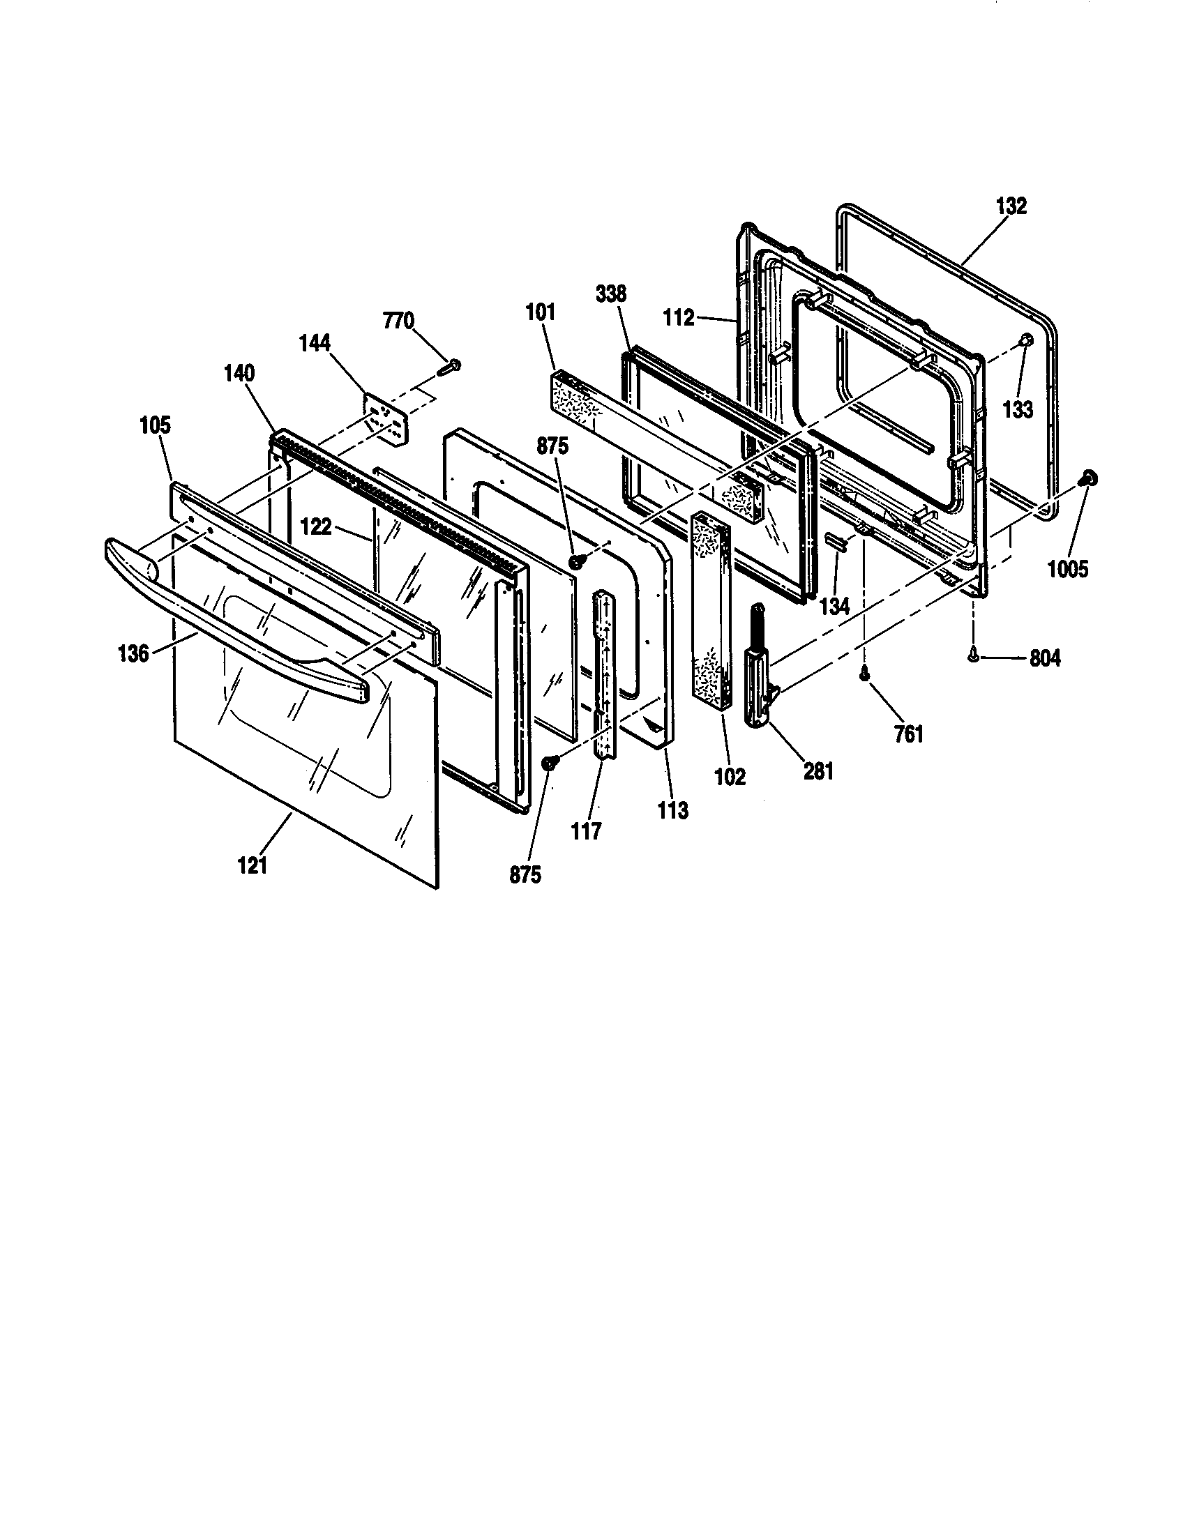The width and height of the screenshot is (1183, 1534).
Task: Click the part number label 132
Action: tap(1011, 206)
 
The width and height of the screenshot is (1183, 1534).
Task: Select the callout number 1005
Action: tap(1068, 569)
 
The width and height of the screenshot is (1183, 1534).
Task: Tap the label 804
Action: tap(1045, 658)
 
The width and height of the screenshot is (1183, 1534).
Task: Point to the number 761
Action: tap(908, 735)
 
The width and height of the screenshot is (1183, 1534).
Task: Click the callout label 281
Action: tap(818, 771)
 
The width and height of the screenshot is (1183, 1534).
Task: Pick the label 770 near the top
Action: tap(398, 321)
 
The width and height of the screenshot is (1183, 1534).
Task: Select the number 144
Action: tap(334, 343)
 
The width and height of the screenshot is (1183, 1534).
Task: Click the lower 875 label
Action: tap(525, 875)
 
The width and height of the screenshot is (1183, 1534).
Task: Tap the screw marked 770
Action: tap(449, 367)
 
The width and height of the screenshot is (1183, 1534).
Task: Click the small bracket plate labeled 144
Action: tap(385, 419)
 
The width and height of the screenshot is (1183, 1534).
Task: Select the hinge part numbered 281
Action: tap(758, 674)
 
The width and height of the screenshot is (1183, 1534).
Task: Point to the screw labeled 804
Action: tap(972, 653)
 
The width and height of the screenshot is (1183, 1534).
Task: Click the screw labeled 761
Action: tap(864, 673)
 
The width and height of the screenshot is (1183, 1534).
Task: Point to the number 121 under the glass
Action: tap(253, 866)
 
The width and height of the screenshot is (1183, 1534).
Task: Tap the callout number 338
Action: tap(610, 294)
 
